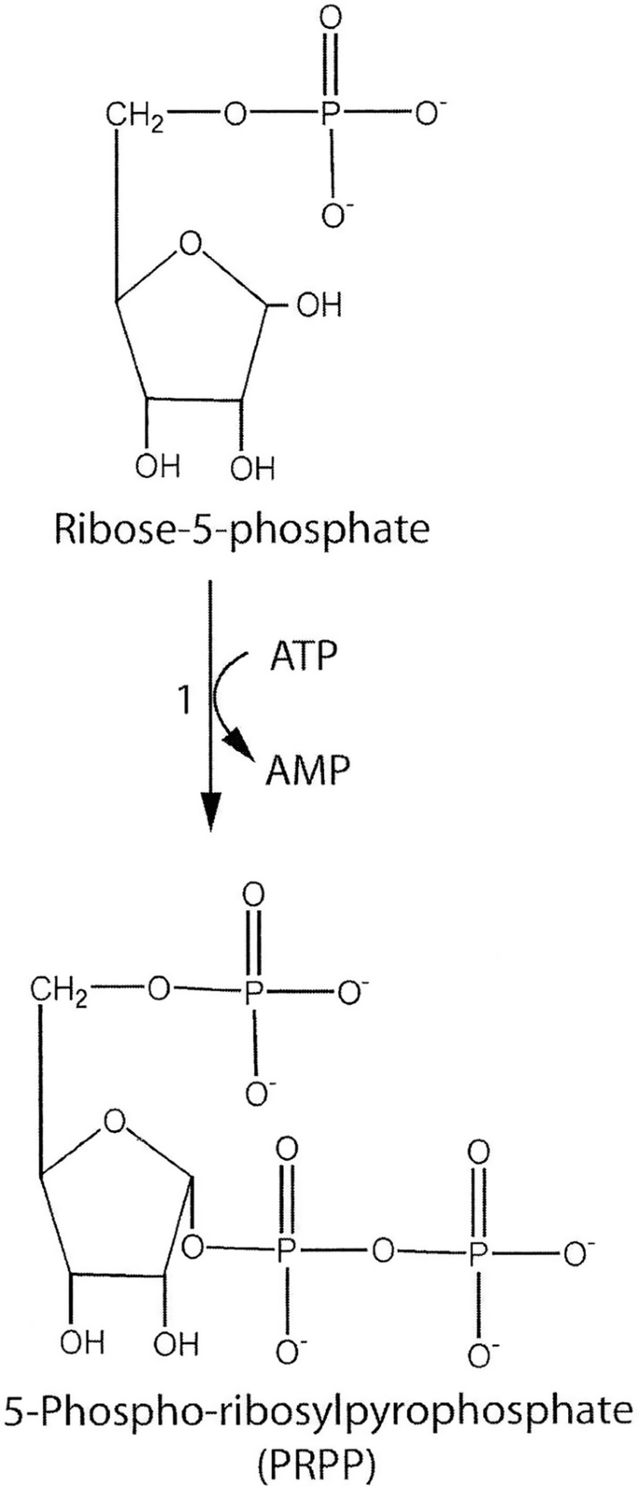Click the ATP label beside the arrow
pyautogui.click(x=303, y=657)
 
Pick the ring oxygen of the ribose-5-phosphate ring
pyautogui.click(x=191, y=246)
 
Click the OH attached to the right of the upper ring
pyautogui.click(x=318, y=306)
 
